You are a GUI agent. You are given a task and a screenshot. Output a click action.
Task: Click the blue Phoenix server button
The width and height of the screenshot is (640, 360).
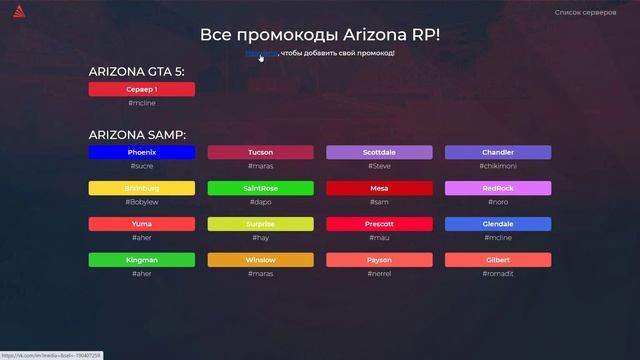(x=141, y=152)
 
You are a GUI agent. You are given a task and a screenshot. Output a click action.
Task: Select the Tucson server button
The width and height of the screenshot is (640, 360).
(x=260, y=152)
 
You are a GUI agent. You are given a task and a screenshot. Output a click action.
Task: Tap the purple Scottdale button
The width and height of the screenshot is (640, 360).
(x=379, y=152)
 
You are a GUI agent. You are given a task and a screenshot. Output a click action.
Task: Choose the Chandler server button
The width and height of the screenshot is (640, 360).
(x=498, y=152)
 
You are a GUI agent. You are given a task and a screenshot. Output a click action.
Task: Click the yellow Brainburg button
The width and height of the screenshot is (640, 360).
(x=141, y=188)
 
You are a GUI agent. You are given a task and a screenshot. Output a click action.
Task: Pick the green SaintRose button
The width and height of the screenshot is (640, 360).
(x=260, y=188)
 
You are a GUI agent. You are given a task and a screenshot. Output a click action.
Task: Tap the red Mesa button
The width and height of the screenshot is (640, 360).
(x=379, y=188)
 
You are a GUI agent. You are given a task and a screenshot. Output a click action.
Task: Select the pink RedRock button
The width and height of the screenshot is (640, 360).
(x=498, y=188)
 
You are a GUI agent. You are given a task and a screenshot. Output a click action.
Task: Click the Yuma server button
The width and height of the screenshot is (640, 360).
(x=141, y=224)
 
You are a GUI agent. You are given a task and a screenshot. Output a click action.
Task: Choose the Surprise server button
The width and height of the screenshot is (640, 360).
(x=260, y=224)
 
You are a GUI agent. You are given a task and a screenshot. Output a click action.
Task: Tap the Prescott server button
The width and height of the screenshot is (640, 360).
(x=379, y=224)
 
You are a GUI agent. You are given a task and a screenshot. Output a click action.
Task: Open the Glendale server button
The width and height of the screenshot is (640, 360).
(x=498, y=224)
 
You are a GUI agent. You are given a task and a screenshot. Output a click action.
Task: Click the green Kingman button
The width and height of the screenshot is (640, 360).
(x=141, y=260)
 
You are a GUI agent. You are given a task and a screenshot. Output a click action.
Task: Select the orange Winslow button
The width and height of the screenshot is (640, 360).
(x=260, y=260)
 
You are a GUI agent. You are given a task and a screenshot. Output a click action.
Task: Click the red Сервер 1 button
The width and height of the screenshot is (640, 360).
(x=141, y=89)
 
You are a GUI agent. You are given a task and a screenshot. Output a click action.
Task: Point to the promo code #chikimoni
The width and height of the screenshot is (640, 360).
(x=498, y=166)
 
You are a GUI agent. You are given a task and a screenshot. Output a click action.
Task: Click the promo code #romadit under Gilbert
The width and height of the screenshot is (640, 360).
(x=498, y=274)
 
